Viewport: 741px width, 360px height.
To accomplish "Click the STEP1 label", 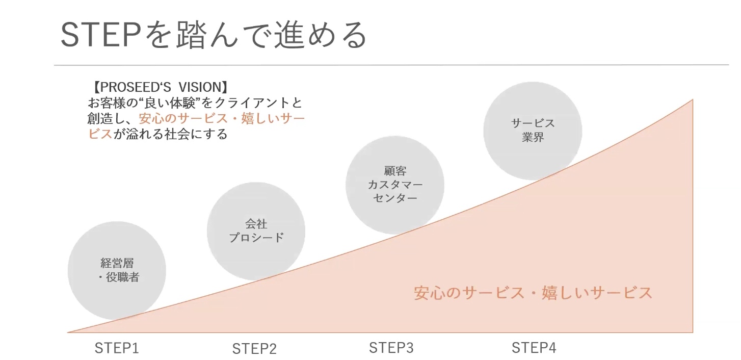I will click(x=117, y=348).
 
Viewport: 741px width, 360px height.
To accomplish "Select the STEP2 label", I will click(x=254, y=349).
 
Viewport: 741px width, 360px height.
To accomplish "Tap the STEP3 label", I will click(x=391, y=348).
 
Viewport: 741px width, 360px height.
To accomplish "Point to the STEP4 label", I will click(x=534, y=348).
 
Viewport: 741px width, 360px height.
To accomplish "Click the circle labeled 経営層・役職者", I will click(x=117, y=271).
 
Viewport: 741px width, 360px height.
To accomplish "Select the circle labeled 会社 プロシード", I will click(x=256, y=230).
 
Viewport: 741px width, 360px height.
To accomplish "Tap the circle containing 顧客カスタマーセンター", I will click(x=395, y=184).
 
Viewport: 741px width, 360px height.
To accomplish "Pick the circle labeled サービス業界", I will click(x=533, y=131).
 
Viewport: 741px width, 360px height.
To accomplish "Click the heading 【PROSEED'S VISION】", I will click(x=161, y=87).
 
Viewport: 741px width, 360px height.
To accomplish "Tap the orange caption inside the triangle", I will click(x=533, y=293).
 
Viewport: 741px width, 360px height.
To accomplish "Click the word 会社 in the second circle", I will click(x=256, y=224).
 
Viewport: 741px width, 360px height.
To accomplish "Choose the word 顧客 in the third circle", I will click(x=395, y=171).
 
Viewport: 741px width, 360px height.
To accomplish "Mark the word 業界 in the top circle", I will click(x=533, y=138).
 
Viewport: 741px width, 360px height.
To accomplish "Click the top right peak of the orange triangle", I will click(x=692, y=100).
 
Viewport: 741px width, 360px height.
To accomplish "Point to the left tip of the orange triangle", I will click(x=69, y=332).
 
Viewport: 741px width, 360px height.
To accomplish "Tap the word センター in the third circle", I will click(x=395, y=198).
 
